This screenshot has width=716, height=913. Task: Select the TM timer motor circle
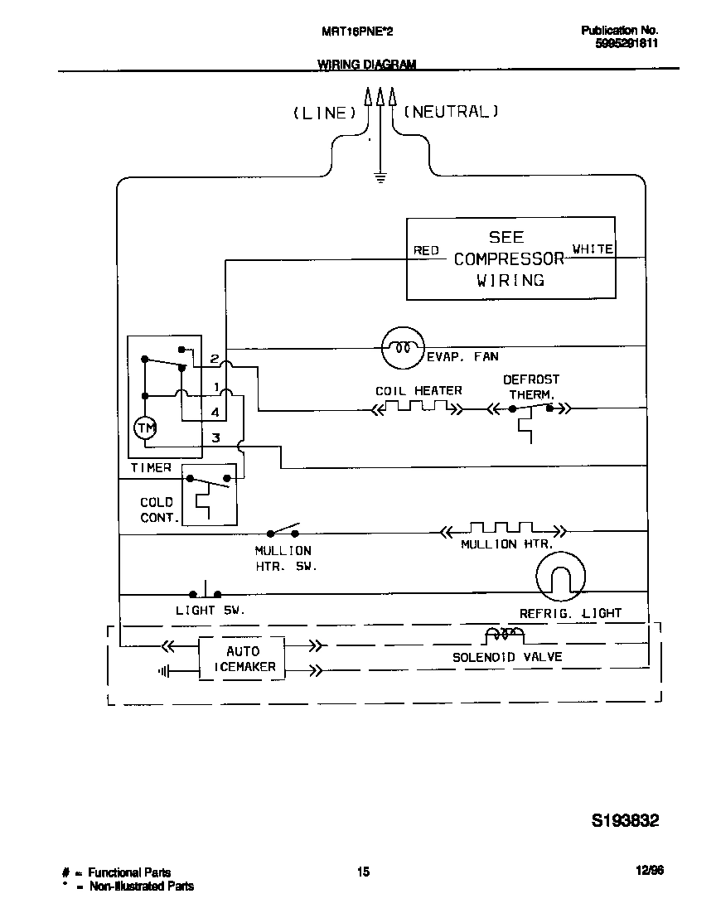(146, 428)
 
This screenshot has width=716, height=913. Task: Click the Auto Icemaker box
(242, 659)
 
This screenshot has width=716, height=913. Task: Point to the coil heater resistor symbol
(418, 408)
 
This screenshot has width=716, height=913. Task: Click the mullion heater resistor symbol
(502, 529)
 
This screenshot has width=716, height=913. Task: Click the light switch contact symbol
(206, 592)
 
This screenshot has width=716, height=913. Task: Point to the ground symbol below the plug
(380, 176)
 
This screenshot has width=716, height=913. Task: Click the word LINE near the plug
(324, 114)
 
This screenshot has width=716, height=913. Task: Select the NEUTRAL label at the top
(452, 112)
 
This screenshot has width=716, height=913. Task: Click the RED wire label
(426, 250)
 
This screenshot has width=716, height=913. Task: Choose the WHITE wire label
(593, 249)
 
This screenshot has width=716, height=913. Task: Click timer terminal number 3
(215, 437)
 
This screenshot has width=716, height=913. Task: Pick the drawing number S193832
(626, 821)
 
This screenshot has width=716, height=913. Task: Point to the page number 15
(363, 871)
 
